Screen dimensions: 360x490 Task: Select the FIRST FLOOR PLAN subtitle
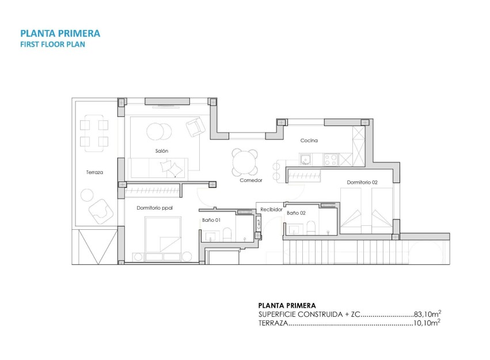(52, 44)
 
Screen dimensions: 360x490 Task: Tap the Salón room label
(161, 151)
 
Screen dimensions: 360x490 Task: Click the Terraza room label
(94, 172)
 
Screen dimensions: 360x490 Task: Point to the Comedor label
(251, 180)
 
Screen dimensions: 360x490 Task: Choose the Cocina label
(309, 141)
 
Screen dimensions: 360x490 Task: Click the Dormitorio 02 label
(362, 183)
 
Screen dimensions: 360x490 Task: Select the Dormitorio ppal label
(154, 208)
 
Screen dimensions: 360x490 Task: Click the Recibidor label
(271, 210)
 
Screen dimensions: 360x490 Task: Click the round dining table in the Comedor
(245, 162)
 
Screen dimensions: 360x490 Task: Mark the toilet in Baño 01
(227, 233)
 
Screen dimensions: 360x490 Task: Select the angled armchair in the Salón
(194, 127)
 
